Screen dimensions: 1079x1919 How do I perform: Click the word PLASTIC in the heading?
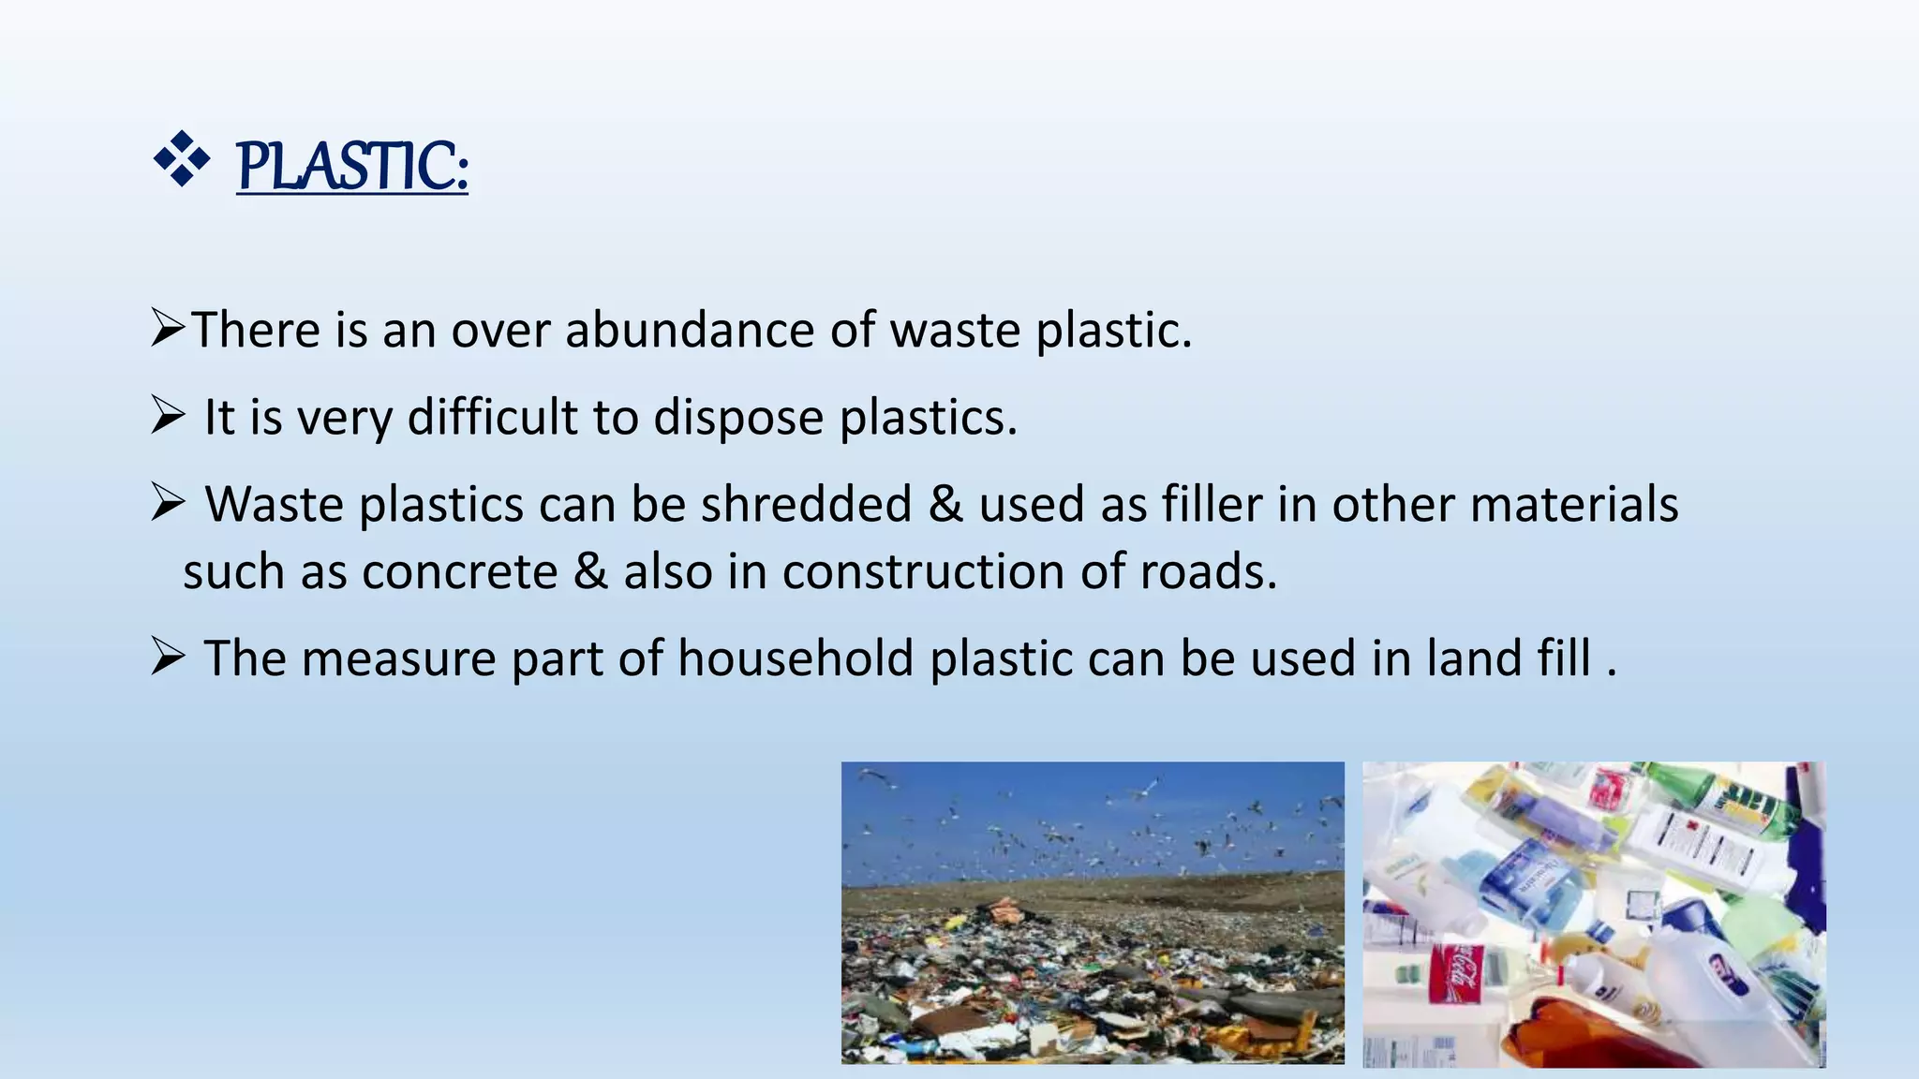click(x=351, y=166)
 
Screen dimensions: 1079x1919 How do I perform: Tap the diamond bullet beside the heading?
click(x=181, y=159)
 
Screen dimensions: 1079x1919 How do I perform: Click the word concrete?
click(x=460, y=571)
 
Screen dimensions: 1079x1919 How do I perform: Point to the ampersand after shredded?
click(x=945, y=504)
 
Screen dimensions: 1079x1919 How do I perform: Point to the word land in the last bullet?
click(x=1465, y=658)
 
